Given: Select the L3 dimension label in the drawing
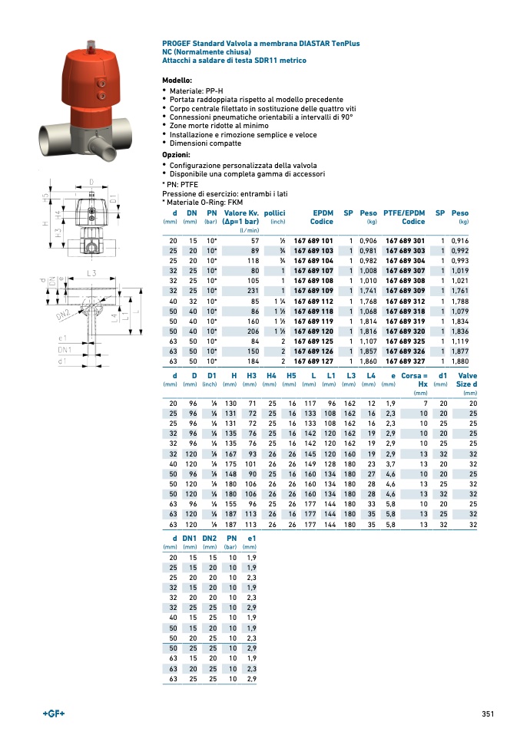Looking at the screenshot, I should click(x=92, y=273).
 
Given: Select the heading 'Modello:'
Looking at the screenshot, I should click(x=177, y=80).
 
